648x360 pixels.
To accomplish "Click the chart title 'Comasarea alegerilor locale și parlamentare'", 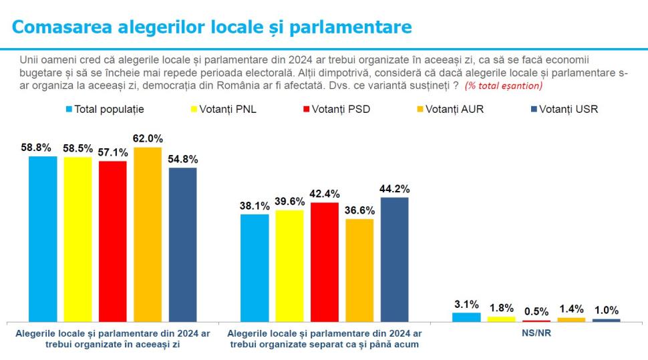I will tap(212, 27).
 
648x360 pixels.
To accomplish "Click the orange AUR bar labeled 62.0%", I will tap(148, 234).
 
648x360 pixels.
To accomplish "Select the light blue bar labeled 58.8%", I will tap(43, 238).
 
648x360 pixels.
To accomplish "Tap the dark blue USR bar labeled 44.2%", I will tap(394, 259).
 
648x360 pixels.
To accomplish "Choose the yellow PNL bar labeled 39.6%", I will tap(289, 266).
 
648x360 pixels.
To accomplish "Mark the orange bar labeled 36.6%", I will tap(359, 270).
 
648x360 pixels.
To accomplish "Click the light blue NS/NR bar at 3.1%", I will tap(466, 317).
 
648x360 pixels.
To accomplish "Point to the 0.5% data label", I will tap(536, 311).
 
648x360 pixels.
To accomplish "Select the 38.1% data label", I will tap(254, 206).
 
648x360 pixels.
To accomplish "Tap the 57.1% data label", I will tap(113, 152).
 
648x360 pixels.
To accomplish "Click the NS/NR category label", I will tap(536, 333).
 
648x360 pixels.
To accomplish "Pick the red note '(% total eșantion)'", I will tap(504, 85).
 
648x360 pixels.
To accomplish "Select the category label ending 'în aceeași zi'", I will tap(113, 339).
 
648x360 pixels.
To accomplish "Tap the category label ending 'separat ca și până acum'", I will tap(324, 339).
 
